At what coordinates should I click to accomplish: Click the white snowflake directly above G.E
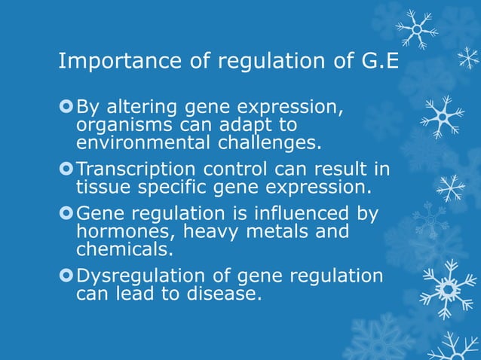point(415,29)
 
